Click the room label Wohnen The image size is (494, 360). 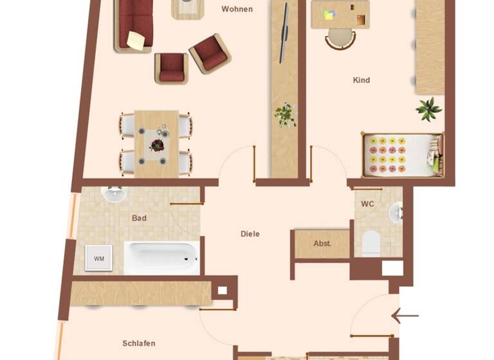(x=237, y=9)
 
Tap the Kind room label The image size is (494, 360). (x=361, y=80)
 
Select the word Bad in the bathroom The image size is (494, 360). (x=139, y=218)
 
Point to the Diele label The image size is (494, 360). (x=250, y=234)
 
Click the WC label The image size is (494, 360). (x=367, y=204)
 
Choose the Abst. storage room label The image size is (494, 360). (x=322, y=244)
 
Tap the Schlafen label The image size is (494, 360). (x=139, y=343)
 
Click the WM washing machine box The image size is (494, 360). (x=98, y=258)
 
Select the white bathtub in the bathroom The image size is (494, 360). (x=161, y=258)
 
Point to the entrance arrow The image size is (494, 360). (x=405, y=316)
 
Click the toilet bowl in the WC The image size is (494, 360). (x=371, y=243)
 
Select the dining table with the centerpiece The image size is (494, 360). (x=156, y=143)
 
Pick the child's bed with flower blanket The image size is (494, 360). (x=402, y=154)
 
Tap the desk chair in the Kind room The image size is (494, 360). (x=339, y=39)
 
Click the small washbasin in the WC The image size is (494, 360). (x=396, y=212)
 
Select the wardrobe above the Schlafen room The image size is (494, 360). (x=142, y=293)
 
